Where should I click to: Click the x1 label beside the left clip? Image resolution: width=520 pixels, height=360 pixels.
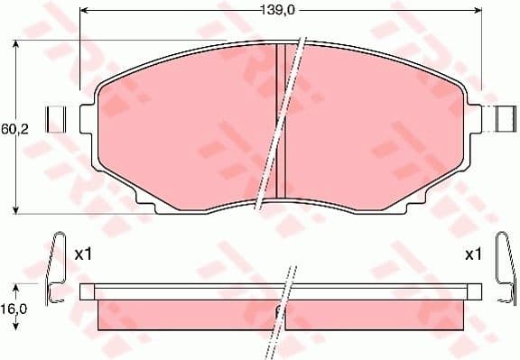click(x=83, y=254)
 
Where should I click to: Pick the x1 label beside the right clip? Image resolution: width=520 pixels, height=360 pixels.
click(x=473, y=254)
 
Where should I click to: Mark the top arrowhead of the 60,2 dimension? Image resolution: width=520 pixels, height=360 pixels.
click(x=16, y=46)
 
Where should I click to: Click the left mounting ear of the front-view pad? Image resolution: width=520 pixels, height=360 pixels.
click(x=88, y=118)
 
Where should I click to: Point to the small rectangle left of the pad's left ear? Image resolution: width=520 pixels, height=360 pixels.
click(x=57, y=118)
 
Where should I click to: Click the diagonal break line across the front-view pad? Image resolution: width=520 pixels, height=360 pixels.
click(x=283, y=126)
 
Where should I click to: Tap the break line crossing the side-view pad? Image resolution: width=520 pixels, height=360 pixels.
click(x=285, y=298)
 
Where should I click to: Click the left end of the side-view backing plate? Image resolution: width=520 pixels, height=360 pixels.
click(x=87, y=291)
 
